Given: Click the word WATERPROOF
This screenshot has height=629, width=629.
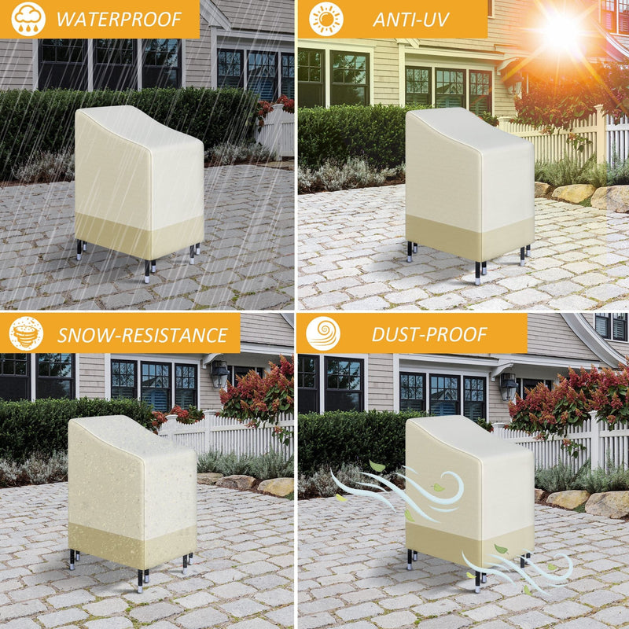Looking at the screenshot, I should (119, 19).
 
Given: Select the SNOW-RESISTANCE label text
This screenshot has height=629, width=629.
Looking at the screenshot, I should (142, 336).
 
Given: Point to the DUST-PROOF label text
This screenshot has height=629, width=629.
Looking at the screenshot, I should (429, 334).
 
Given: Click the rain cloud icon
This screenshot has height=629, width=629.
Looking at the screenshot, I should (28, 19).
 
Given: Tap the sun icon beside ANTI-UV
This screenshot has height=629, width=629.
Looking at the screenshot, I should (326, 19).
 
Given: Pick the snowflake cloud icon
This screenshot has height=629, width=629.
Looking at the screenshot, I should (27, 333).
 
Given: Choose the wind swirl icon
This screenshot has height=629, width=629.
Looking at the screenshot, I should (323, 333).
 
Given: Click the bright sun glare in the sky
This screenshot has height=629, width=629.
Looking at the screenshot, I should (561, 31).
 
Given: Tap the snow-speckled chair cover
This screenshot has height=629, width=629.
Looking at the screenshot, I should (132, 491).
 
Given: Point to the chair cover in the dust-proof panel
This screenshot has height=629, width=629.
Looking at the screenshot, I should (469, 488).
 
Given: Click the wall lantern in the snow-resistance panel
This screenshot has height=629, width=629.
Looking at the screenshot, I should (219, 373).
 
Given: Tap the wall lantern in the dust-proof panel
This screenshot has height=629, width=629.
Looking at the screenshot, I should (509, 384).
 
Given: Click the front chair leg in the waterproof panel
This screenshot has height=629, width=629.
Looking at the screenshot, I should (147, 271).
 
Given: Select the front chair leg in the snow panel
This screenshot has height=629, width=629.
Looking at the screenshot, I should (140, 581).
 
